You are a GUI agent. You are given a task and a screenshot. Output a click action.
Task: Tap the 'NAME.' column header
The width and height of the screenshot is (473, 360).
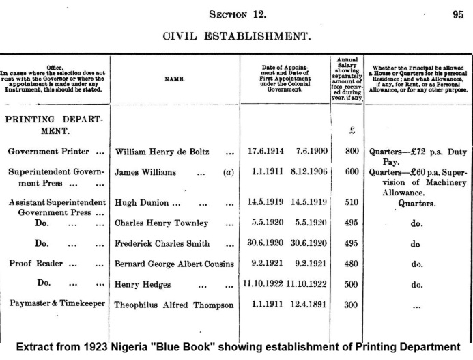click(175, 79)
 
